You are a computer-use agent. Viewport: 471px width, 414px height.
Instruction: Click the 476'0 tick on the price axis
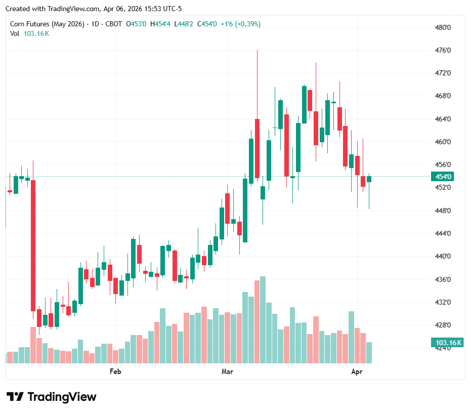coord(443,51)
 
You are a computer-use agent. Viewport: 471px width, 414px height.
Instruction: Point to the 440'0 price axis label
coord(443,257)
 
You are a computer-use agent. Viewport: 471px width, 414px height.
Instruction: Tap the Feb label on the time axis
coord(115,372)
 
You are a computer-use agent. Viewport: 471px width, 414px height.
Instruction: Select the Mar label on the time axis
coord(227,372)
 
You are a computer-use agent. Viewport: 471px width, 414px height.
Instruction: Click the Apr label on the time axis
coord(357,372)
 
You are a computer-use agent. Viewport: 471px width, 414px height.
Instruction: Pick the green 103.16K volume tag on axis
coord(448,343)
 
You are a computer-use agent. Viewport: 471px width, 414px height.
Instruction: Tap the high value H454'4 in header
coord(162,24)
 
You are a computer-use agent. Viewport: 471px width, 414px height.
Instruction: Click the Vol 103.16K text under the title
coord(30,33)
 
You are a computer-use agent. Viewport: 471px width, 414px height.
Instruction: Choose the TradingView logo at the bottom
coord(52,397)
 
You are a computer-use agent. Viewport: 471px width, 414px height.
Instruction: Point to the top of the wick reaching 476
coord(257,51)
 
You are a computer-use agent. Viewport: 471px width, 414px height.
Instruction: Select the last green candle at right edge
coord(369,179)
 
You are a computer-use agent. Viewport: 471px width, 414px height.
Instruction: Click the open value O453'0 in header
coord(138,24)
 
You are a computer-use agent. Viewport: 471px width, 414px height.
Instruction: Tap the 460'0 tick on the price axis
coord(443,142)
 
